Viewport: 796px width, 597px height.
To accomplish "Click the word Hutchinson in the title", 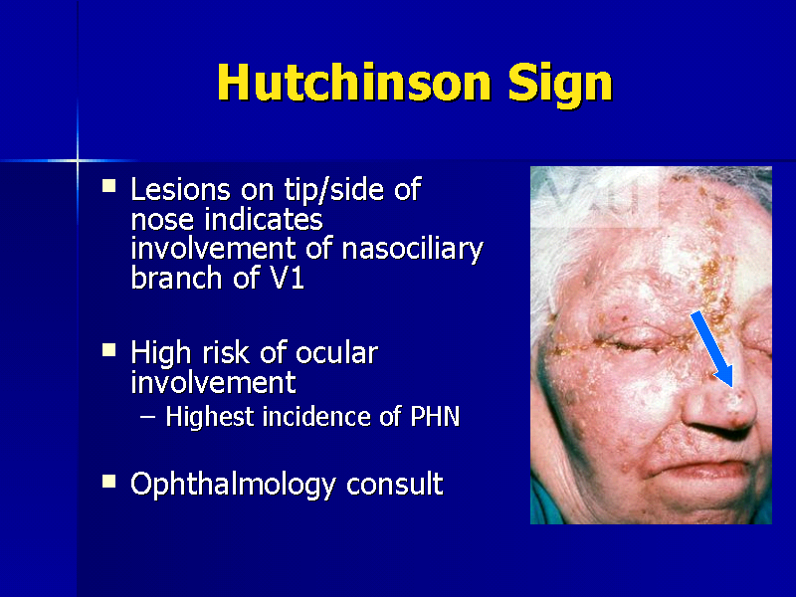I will [x=353, y=83].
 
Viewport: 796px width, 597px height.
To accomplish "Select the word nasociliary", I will [x=411, y=248].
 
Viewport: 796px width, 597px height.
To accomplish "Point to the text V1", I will [x=287, y=278].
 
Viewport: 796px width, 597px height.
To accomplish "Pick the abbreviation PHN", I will [x=435, y=416].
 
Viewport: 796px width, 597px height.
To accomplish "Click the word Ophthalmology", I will [x=234, y=485].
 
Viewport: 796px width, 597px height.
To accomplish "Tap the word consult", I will [x=394, y=485].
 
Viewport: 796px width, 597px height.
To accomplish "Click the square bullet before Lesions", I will [x=110, y=186].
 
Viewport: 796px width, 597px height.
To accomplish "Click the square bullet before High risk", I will [x=110, y=349].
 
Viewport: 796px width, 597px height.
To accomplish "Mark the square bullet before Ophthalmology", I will [x=110, y=482].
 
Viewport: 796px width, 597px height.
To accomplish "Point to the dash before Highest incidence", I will [x=147, y=417].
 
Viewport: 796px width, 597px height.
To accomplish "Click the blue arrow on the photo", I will [x=712, y=348].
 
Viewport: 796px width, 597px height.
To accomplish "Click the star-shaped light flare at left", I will [x=77, y=159].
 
